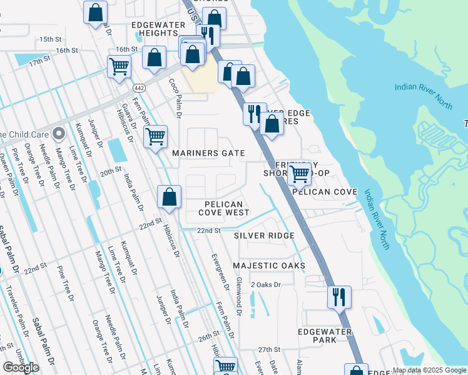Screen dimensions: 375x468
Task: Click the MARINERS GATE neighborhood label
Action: (x=208, y=153)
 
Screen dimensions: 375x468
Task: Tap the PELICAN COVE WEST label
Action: (x=224, y=208)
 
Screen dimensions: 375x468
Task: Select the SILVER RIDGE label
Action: (x=264, y=236)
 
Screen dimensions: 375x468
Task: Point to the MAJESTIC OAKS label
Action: (x=269, y=266)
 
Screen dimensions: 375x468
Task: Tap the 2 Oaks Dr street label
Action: (x=267, y=285)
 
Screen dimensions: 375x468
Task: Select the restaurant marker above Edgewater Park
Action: (x=339, y=297)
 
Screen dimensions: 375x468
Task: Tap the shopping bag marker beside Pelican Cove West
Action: (x=169, y=197)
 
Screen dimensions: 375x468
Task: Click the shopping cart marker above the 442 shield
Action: (x=119, y=67)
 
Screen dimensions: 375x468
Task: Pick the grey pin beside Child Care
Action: (x=59, y=133)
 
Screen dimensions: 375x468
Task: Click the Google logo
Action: (x=21, y=367)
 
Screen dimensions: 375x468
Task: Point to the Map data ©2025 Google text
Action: (x=429, y=370)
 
